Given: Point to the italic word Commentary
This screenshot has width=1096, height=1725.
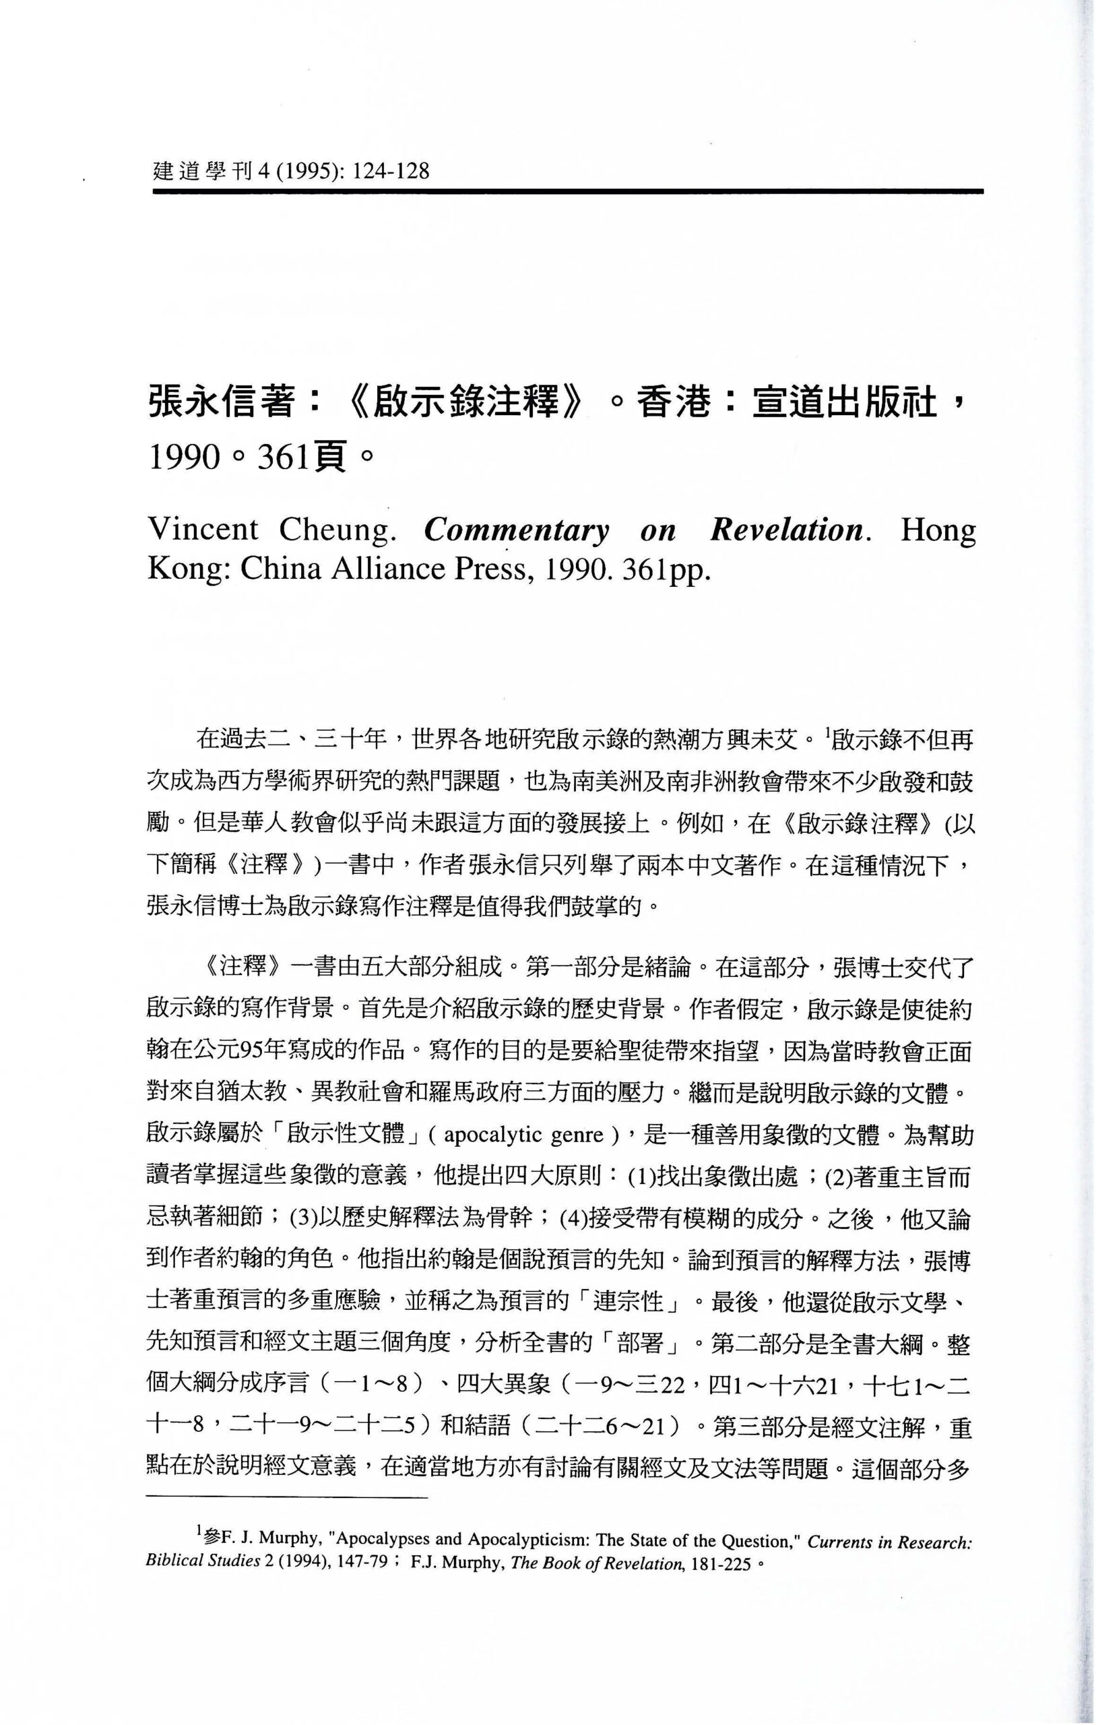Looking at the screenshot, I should coord(516,531).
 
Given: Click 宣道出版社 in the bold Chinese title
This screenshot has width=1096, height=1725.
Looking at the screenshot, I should coord(845,402).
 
